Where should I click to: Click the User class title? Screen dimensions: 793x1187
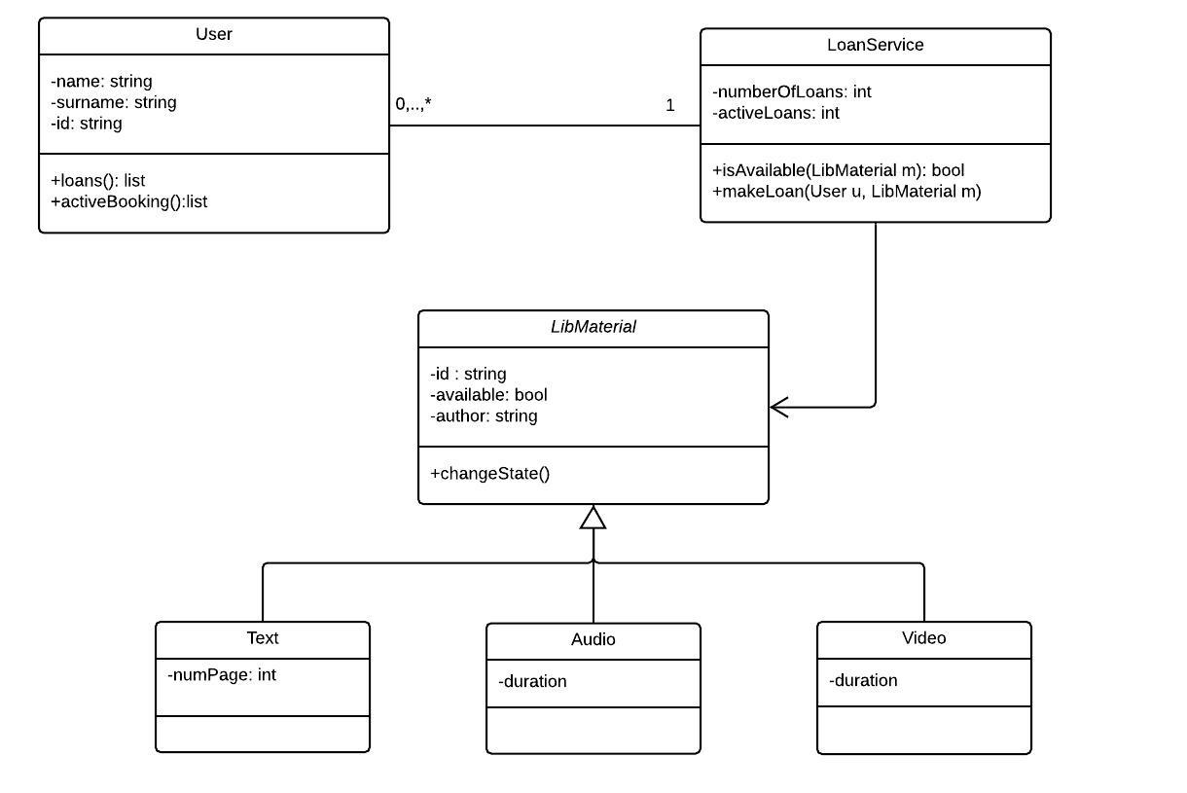click(214, 35)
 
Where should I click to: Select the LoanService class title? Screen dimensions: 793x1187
click(875, 46)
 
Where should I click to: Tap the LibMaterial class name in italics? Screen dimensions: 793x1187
click(593, 328)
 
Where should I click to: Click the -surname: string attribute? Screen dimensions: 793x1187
click(114, 102)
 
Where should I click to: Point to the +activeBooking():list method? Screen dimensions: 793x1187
click(129, 202)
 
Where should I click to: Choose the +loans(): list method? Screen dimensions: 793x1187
click(98, 181)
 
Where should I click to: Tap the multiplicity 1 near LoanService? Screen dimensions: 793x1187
click(670, 106)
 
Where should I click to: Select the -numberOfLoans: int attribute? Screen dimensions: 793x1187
click(792, 92)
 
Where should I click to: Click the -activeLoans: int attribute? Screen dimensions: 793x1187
click(776, 114)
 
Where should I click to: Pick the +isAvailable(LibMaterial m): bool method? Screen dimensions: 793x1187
click(839, 170)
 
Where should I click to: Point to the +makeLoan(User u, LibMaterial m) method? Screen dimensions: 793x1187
click(847, 192)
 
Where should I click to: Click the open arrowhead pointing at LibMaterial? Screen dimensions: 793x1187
click(779, 408)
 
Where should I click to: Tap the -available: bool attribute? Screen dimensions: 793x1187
click(488, 395)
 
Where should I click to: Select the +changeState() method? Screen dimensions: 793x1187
click(490, 474)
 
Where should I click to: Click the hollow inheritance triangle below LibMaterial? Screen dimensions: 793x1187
click(593, 518)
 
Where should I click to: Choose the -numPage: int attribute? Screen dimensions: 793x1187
click(222, 674)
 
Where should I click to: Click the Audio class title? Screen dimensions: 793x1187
click(593, 640)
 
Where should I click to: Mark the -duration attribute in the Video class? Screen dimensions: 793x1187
click(864, 681)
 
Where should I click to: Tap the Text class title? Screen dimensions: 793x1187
click(263, 638)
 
